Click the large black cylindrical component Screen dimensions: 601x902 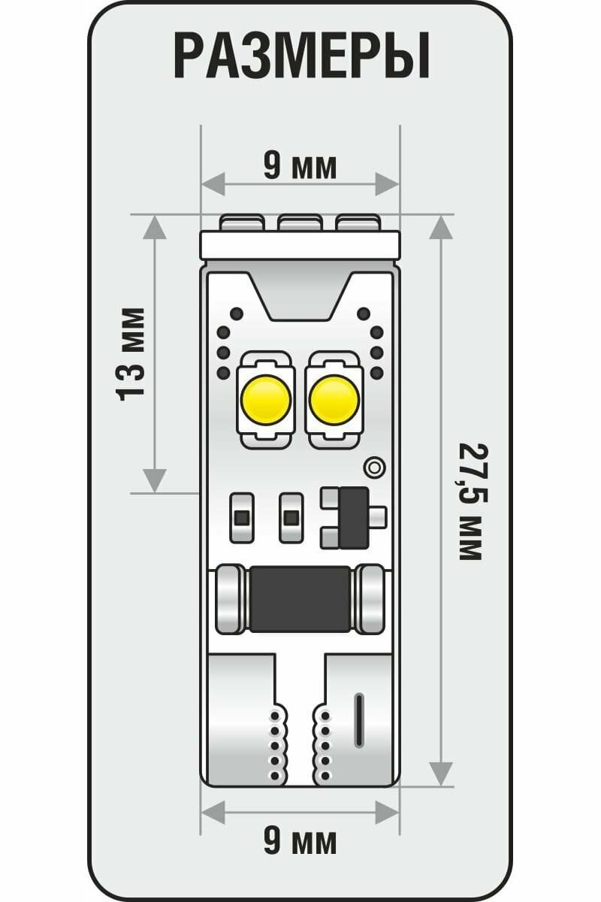[300, 599]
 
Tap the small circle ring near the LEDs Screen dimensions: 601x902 [373, 467]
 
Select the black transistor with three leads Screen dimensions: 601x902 [353, 517]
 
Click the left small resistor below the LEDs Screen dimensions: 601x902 [241, 517]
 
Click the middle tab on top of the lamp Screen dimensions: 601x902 [300, 222]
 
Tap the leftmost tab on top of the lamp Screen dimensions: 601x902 [242, 222]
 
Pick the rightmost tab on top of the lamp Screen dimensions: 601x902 [358, 222]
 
